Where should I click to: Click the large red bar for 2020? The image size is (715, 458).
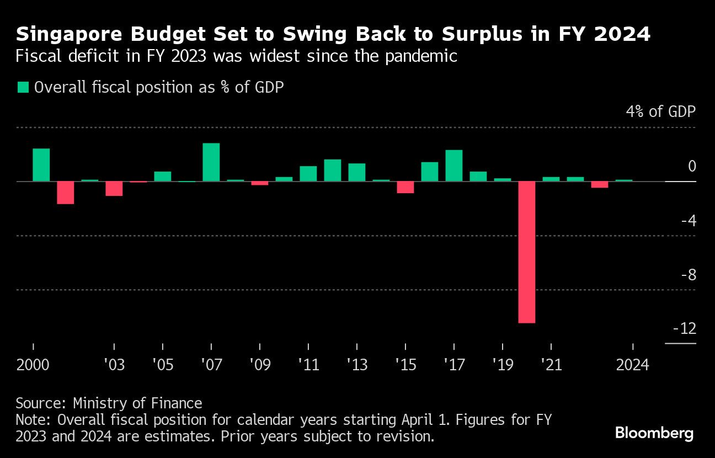tap(527, 252)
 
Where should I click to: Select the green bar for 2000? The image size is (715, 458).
tap(41, 164)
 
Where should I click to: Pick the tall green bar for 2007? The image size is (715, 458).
tap(211, 162)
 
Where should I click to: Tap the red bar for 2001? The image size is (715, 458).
tap(66, 192)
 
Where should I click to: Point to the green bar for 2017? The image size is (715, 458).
tap(454, 165)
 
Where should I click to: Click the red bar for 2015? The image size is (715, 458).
tap(405, 187)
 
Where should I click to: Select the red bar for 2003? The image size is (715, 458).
tap(114, 188)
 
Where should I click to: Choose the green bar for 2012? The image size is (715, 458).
tap(333, 170)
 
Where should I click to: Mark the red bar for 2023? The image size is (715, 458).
tap(600, 184)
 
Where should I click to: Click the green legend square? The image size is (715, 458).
tap(23, 87)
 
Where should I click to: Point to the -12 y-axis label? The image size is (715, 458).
tap(684, 329)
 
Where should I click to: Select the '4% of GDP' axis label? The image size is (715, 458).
tap(660, 111)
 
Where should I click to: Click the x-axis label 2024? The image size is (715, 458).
tap(633, 365)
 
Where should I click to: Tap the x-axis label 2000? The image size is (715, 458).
tap(33, 365)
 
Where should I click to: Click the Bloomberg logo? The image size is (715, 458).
tap(654, 433)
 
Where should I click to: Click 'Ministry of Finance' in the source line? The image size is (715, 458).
tap(137, 403)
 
